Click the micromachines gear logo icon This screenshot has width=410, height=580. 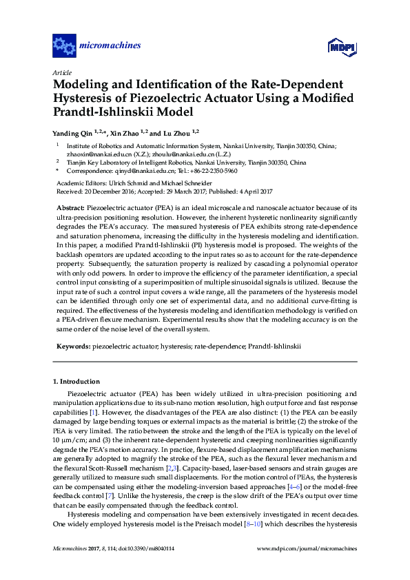coord(64,46)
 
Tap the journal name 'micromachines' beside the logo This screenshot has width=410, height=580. coord(110,46)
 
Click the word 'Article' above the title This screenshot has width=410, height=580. coord(62,72)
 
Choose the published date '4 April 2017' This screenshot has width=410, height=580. coord(257,191)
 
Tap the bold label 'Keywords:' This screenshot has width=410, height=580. coord(71,347)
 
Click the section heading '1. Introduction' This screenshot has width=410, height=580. coord(76,382)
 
